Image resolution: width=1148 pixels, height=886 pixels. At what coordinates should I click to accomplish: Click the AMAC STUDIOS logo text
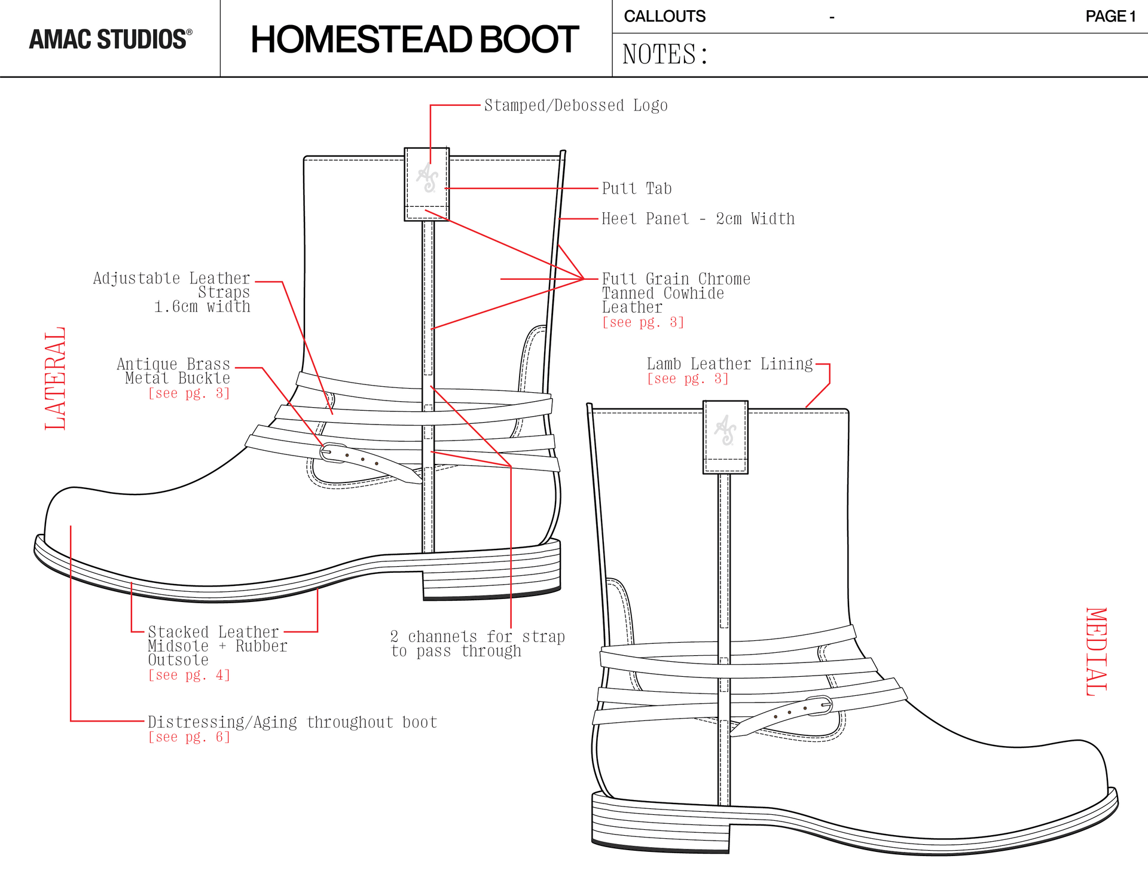tap(111, 39)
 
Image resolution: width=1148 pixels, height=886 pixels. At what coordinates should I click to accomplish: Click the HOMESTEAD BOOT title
tap(414, 39)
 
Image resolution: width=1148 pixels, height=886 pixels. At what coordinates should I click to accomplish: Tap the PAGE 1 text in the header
tap(1110, 16)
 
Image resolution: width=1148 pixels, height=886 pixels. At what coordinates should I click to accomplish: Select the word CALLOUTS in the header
tap(664, 16)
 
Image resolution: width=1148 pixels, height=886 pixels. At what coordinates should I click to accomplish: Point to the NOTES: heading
tap(665, 54)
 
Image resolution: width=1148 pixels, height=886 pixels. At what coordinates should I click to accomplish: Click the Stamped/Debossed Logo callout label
tap(575, 106)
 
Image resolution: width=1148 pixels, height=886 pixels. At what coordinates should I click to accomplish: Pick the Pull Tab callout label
tap(636, 189)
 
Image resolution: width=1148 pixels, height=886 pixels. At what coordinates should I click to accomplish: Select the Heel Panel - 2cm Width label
tap(698, 219)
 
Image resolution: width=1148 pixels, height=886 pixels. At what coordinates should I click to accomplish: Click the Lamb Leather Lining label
tap(729, 364)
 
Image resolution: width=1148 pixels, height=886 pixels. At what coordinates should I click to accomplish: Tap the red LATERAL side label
tap(55, 378)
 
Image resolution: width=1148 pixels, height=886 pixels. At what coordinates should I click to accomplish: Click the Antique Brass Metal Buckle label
tap(173, 371)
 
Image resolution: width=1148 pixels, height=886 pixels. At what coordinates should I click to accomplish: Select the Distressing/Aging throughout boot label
tap(292, 722)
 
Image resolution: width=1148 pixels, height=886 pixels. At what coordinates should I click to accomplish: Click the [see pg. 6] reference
tap(189, 737)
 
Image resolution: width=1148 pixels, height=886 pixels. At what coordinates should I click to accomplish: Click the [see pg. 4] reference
tap(189, 675)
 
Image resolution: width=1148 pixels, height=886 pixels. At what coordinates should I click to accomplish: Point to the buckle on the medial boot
tap(820, 705)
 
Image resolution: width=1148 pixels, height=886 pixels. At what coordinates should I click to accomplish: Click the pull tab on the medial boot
tap(725, 437)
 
